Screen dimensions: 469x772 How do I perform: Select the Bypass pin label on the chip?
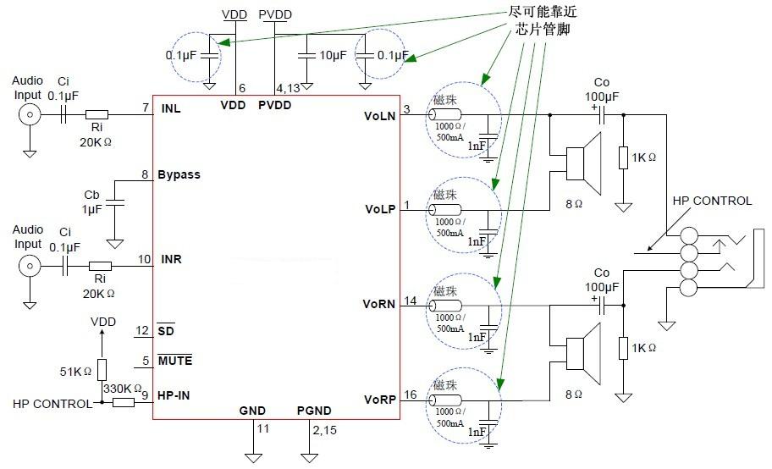click(x=179, y=174)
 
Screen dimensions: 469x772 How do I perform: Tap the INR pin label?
click(x=170, y=259)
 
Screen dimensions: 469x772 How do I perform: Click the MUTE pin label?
click(x=175, y=361)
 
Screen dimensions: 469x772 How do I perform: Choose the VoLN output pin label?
click(x=379, y=115)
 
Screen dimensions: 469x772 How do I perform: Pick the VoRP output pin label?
click(x=379, y=400)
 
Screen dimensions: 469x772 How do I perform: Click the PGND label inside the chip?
click(x=313, y=411)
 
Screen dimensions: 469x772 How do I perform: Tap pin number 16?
click(x=411, y=395)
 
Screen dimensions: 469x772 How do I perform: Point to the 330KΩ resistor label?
click(x=122, y=388)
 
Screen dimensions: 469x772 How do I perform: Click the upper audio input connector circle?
click(x=30, y=115)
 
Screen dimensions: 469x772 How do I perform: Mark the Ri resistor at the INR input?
click(x=99, y=265)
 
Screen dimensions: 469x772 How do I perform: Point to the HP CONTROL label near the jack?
click(x=712, y=201)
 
